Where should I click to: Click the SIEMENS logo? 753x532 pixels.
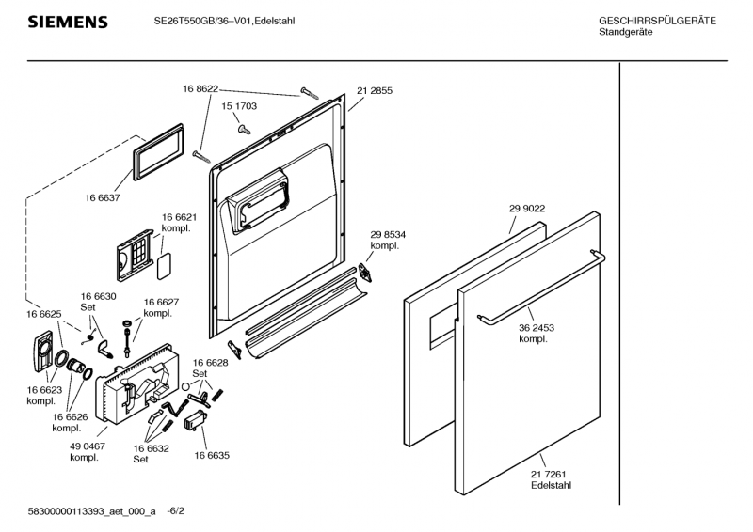67,22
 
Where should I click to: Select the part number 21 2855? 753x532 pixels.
374,91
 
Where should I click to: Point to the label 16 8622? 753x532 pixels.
200,88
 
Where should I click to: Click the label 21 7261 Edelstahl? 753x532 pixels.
550,479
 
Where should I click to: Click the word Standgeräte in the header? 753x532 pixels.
625,33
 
